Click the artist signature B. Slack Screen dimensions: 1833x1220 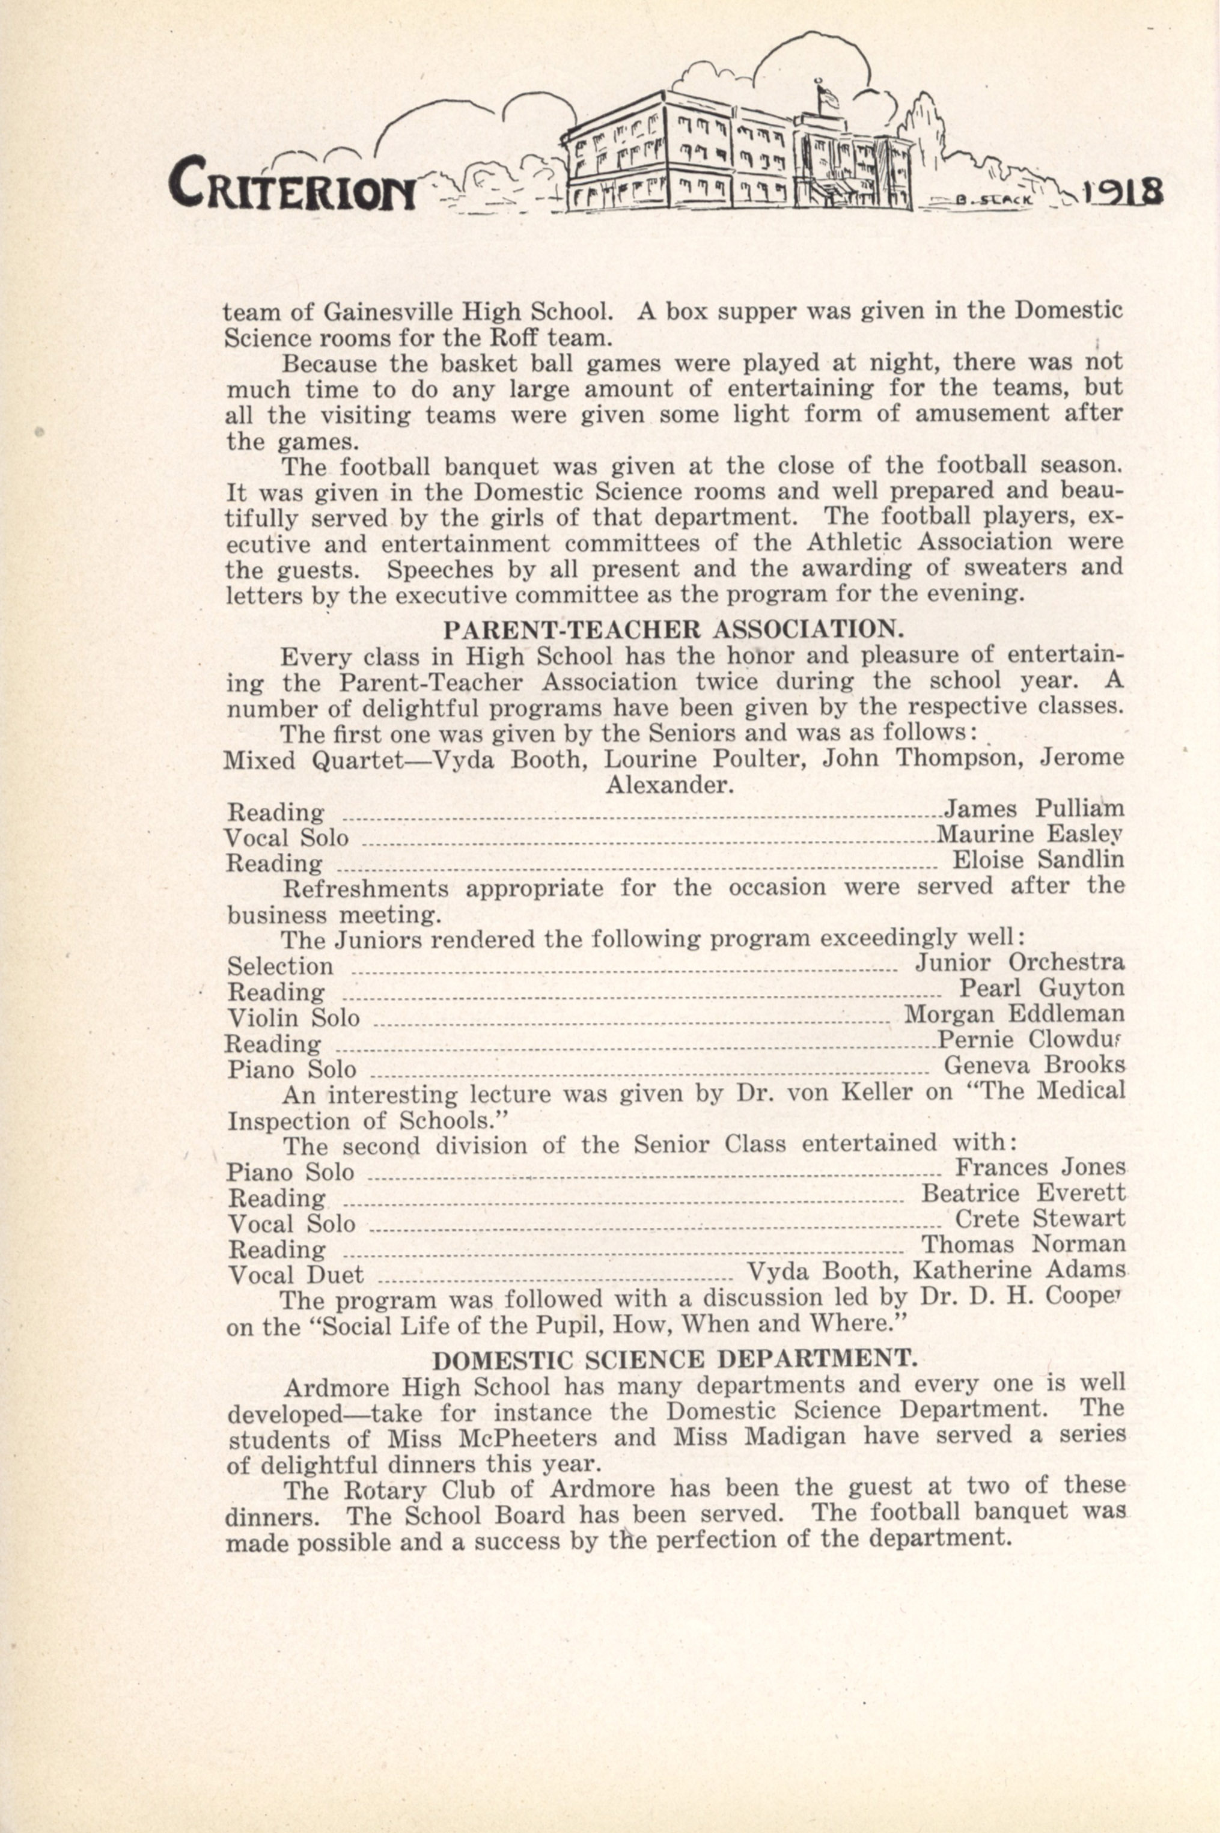tap(995, 198)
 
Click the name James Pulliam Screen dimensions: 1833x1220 tap(1034, 809)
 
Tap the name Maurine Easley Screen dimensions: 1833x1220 tap(1029, 835)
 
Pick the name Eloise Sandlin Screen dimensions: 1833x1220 tap(1038, 861)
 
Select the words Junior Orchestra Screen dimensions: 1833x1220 tap(1019, 963)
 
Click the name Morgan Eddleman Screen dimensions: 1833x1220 tap(1014, 1014)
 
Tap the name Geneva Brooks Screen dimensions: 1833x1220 tap(1034, 1065)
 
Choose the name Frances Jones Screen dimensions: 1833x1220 tap(1040, 1167)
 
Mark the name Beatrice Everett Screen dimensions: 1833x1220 tap(1023, 1193)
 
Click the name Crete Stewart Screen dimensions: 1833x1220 tap(1040, 1218)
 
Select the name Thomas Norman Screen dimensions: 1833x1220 tap(1023, 1244)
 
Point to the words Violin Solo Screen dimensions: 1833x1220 tap(293, 1017)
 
